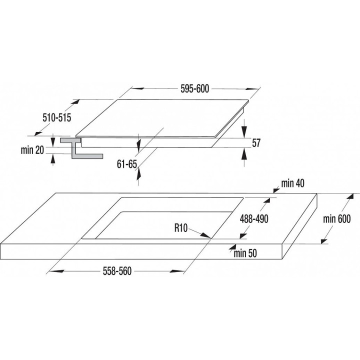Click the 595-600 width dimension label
coord(194,89)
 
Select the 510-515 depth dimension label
coord(57,118)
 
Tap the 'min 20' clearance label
coord(32,150)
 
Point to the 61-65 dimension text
coord(126,164)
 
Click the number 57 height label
coord(256,143)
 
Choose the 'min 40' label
coord(292,183)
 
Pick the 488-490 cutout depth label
coord(254,219)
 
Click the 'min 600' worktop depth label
coord(337,219)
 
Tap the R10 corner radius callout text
coord(181,228)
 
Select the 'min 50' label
coord(245,253)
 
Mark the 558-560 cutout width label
coord(117,271)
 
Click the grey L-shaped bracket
coord(81,148)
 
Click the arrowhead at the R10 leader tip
coord(205,235)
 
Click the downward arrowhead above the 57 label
coord(244,131)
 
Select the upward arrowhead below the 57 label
coord(244,154)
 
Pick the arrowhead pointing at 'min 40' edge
coord(276,190)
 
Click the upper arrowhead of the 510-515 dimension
coord(75,102)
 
